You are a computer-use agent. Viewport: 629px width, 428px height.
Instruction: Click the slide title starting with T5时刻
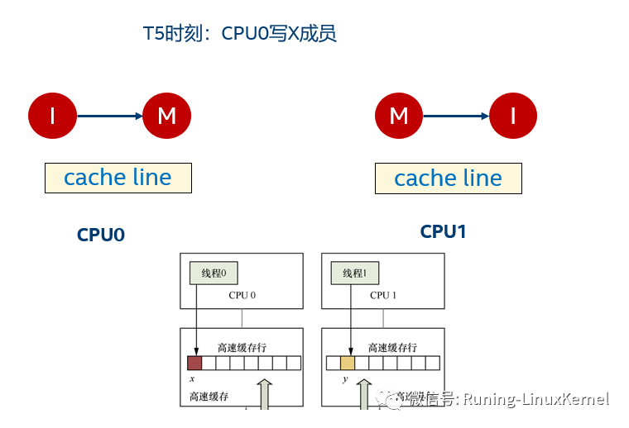coord(239,34)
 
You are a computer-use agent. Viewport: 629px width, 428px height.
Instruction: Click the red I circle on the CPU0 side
coord(52,116)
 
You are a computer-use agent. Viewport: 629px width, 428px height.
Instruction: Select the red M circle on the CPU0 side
coord(167,116)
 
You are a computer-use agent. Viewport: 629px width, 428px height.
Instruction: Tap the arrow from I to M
coord(109,117)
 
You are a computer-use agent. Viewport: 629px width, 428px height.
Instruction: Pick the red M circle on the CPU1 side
coord(399,116)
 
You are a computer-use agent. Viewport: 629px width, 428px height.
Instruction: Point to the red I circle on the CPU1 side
coord(513,116)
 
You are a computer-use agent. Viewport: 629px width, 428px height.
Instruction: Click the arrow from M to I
coord(456,117)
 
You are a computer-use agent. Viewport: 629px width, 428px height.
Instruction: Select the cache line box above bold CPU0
coord(118,178)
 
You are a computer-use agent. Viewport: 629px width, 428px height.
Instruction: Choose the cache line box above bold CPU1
coord(448,178)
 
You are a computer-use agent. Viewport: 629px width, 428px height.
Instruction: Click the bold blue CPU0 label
coord(101,235)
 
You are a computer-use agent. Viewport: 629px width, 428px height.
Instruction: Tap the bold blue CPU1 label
coord(444,232)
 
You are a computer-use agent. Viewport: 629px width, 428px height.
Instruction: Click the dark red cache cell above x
coord(194,363)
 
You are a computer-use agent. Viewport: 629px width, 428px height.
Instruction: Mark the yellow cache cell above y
coord(348,363)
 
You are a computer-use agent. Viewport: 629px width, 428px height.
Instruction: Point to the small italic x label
coord(191,378)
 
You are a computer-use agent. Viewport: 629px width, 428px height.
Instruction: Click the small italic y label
coord(345,379)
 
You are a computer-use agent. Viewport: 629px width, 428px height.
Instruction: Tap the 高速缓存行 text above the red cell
coord(242,348)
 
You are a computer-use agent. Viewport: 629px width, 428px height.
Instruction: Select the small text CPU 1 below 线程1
coord(383,295)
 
